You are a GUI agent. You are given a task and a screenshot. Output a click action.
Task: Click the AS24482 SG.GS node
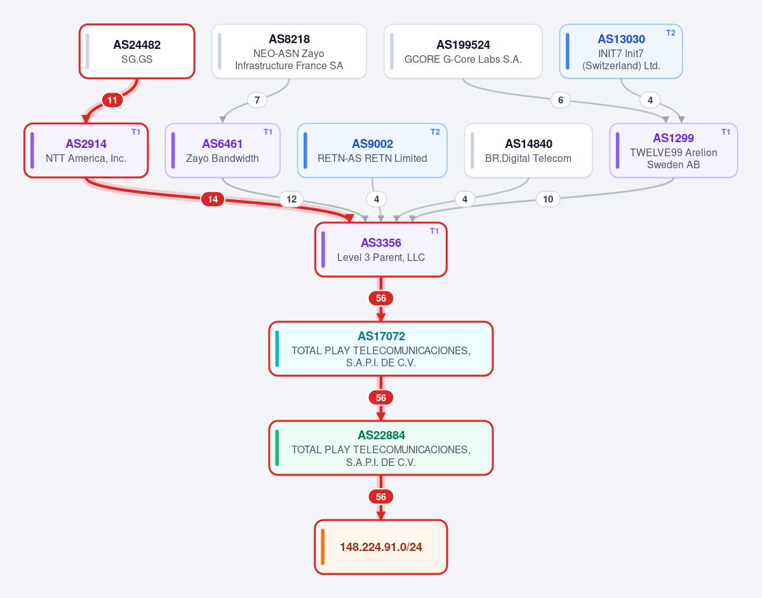coord(137,51)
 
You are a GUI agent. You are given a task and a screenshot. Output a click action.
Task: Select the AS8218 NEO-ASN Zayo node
coord(289,51)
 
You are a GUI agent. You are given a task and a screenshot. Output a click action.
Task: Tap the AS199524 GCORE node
coord(463,51)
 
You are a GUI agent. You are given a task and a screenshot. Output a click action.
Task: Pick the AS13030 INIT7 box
coord(620,51)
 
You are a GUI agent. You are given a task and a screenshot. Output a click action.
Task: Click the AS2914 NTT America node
coord(86,150)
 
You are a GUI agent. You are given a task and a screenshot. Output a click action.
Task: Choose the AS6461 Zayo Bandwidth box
coord(222,150)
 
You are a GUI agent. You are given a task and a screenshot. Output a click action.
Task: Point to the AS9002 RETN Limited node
coord(372,150)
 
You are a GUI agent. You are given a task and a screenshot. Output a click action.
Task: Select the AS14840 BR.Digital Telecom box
coord(528,150)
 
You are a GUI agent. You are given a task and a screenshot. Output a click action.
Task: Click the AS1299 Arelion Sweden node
coord(673,150)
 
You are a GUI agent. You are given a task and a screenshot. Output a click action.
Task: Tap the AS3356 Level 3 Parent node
coord(381,249)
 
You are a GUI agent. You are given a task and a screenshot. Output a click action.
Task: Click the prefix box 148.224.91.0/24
coord(381,547)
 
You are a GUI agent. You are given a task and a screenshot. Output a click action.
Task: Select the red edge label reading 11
coord(112,100)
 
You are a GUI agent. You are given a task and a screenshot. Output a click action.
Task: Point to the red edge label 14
coord(213,199)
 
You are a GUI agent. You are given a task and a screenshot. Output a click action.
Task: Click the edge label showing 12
coord(291,199)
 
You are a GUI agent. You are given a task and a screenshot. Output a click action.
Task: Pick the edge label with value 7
coord(257,100)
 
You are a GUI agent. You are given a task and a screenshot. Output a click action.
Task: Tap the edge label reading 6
coord(560,100)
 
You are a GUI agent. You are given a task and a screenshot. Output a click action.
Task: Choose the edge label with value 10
coord(548,199)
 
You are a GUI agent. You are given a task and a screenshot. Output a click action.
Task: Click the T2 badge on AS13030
coord(671,33)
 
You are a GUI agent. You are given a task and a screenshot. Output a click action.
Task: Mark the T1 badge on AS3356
coord(434,231)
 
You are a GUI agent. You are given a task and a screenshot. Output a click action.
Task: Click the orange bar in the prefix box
coord(323,547)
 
